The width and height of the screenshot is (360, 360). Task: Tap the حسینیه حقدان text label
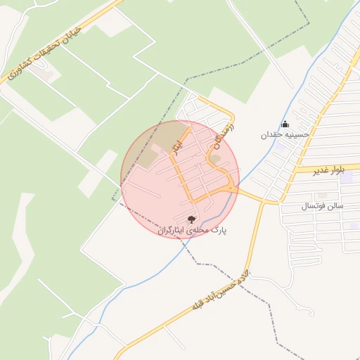click(x=285, y=134)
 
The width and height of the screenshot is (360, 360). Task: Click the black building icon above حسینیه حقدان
click(x=285, y=124)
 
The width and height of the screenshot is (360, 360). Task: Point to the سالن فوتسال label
click(x=322, y=206)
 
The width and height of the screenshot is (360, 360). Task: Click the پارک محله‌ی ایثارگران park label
click(x=193, y=230)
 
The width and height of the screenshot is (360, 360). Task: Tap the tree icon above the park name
click(x=192, y=219)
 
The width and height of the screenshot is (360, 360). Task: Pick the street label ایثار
click(x=178, y=143)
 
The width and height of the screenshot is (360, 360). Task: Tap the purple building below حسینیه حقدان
click(x=280, y=147)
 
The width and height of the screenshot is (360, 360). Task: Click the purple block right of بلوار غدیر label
click(x=346, y=177)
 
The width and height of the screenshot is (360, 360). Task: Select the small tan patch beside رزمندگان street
click(x=216, y=158)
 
